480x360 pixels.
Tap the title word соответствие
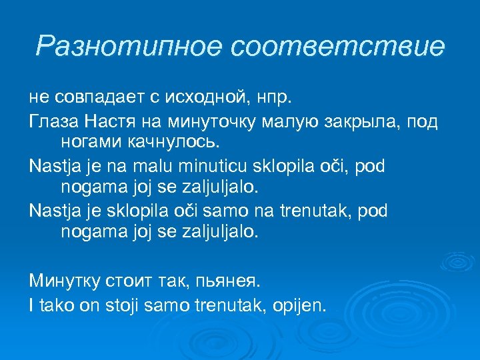tap(338, 47)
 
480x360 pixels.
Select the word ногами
tap(89, 142)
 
